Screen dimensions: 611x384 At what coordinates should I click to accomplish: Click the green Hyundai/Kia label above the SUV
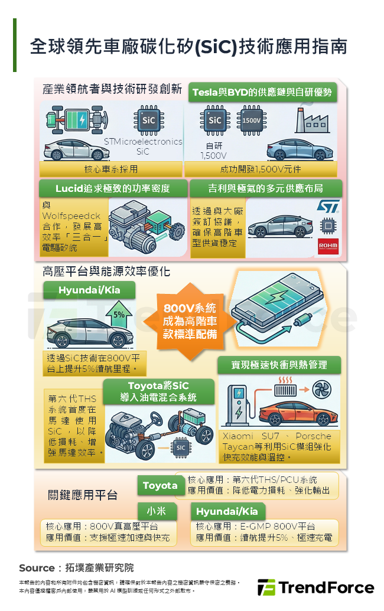tap(89, 290)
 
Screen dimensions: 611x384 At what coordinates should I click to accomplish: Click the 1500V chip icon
tap(251, 120)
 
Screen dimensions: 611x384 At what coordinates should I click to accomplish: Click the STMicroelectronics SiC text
tap(143, 146)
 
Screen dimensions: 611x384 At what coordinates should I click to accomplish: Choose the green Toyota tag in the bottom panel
tap(160, 485)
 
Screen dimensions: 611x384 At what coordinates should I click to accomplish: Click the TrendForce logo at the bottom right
tap(315, 587)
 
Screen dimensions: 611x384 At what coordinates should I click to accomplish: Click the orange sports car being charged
tap(293, 413)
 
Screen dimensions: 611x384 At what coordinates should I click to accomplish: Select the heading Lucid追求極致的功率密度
tap(113, 188)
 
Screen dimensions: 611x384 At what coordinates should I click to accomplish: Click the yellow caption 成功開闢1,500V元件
tap(261, 169)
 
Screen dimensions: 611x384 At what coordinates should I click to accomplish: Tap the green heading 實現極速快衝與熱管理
tap(279, 365)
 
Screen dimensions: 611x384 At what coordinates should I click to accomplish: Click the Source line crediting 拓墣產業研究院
tap(76, 568)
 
